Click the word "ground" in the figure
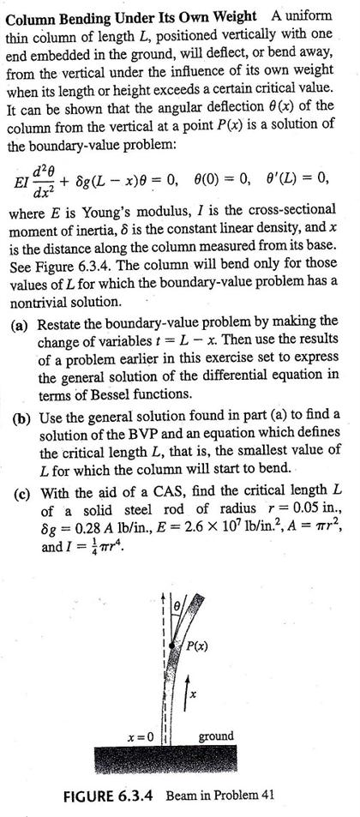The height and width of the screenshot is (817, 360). click(x=216, y=736)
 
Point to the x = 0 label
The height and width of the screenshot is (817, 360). click(x=139, y=736)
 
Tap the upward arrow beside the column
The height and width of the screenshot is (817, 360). click(x=191, y=688)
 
